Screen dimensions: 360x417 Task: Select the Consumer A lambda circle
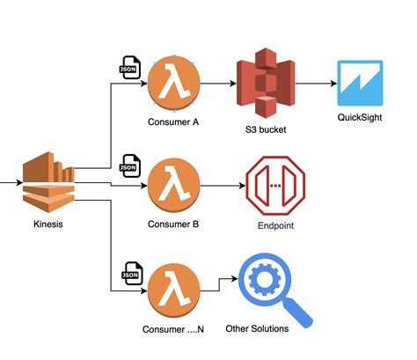click(x=174, y=84)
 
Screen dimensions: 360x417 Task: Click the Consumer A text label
click(x=174, y=123)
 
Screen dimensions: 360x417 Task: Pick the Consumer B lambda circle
click(x=174, y=186)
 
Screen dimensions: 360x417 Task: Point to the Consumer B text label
click(x=174, y=224)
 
